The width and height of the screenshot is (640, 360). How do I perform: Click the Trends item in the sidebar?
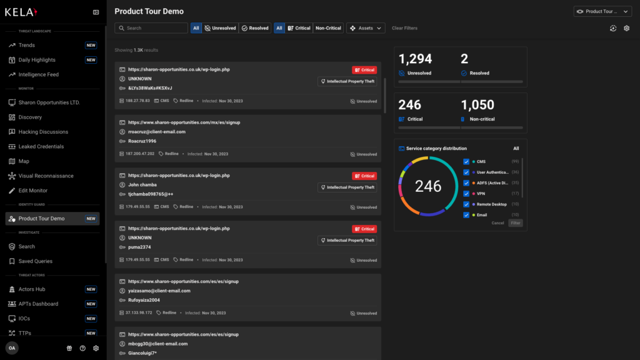pos(27,45)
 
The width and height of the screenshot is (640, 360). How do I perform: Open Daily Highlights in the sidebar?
pos(37,60)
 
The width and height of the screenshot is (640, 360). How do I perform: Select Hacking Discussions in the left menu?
pos(43,132)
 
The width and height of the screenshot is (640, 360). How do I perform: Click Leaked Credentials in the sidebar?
pos(41,146)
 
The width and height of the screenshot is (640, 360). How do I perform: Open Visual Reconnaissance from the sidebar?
pos(46,176)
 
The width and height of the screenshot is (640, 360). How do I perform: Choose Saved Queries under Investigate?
pos(36,261)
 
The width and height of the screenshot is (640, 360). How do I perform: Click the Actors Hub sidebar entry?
pos(32,289)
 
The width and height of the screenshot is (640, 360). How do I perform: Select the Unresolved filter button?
pos(220,28)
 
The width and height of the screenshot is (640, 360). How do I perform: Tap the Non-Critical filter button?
pos(328,28)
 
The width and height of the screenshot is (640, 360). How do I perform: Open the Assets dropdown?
pos(366,28)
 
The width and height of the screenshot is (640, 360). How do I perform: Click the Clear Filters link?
pos(404,28)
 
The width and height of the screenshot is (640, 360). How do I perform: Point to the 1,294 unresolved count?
pos(416,59)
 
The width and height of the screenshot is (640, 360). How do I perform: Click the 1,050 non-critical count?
pos(477,105)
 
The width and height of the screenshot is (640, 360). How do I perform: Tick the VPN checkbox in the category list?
pos(466,193)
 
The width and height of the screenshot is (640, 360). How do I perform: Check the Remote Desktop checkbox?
pos(466,204)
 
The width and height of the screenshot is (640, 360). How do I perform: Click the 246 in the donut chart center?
pos(428,186)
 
